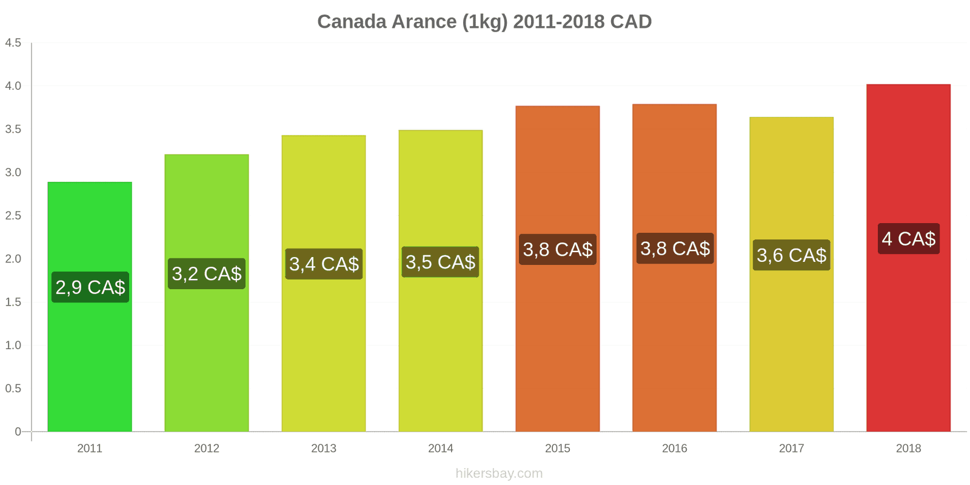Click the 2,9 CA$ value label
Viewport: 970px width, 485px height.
coord(90,287)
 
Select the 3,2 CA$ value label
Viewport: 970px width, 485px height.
coord(207,273)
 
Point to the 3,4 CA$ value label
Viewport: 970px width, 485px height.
coord(324,264)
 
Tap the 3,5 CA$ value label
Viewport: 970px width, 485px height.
coord(440,262)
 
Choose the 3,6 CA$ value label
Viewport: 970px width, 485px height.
coord(791,255)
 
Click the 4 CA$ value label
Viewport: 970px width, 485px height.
coord(908,238)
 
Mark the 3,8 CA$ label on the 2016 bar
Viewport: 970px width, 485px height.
coord(675,248)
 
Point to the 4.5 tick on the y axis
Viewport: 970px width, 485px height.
coord(13,42)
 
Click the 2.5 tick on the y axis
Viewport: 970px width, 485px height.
coord(13,215)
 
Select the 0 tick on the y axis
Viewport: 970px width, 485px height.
coord(18,432)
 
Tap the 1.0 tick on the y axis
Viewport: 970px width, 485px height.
coord(13,345)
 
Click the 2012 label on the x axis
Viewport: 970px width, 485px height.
coord(207,448)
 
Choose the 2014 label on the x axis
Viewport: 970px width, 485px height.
coord(440,448)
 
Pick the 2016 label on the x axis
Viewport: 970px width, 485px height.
coord(674,448)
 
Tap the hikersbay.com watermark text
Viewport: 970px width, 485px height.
coord(499,473)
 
